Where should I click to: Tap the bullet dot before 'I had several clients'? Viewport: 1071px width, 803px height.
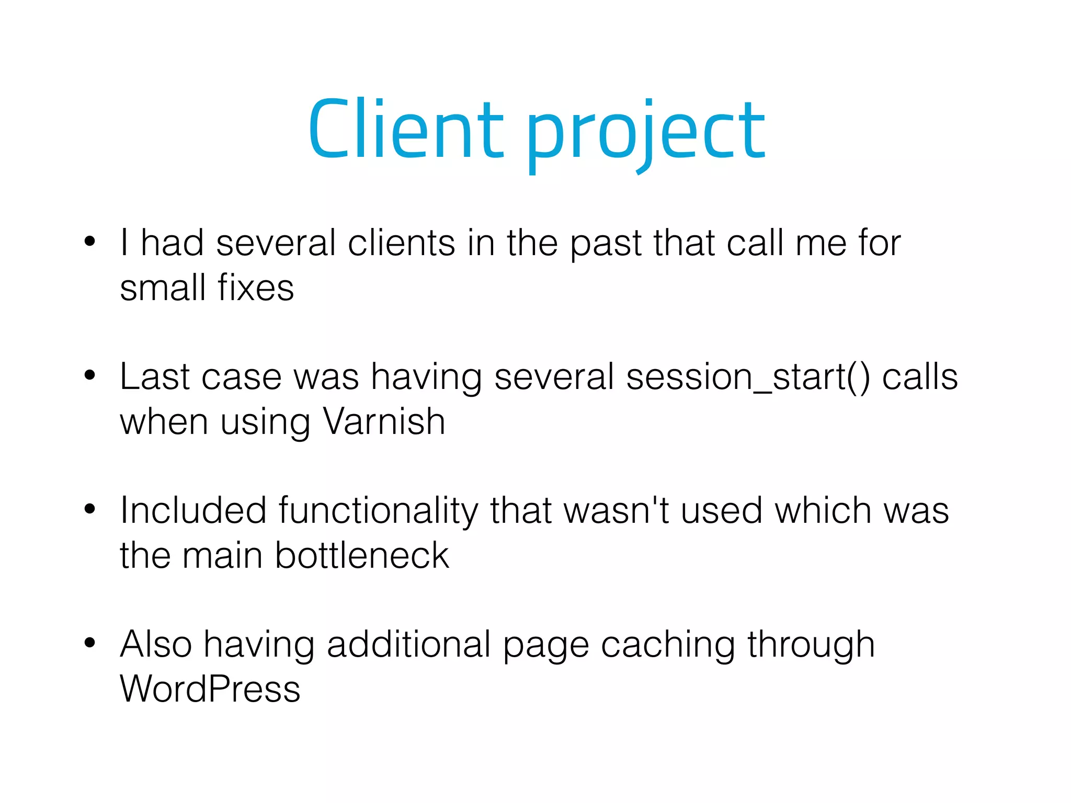(x=90, y=242)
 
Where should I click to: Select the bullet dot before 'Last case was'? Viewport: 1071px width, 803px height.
(x=90, y=375)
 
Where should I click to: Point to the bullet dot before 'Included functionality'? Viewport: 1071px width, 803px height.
(x=90, y=509)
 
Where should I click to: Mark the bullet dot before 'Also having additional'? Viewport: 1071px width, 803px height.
(x=90, y=643)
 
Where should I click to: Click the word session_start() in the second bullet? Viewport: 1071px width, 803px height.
(x=748, y=377)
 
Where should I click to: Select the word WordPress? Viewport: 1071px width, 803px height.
(x=210, y=689)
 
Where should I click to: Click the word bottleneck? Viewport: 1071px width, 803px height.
(x=362, y=555)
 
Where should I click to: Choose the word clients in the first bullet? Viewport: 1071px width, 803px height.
(x=401, y=243)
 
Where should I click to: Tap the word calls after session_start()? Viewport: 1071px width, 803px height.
(x=920, y=377)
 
